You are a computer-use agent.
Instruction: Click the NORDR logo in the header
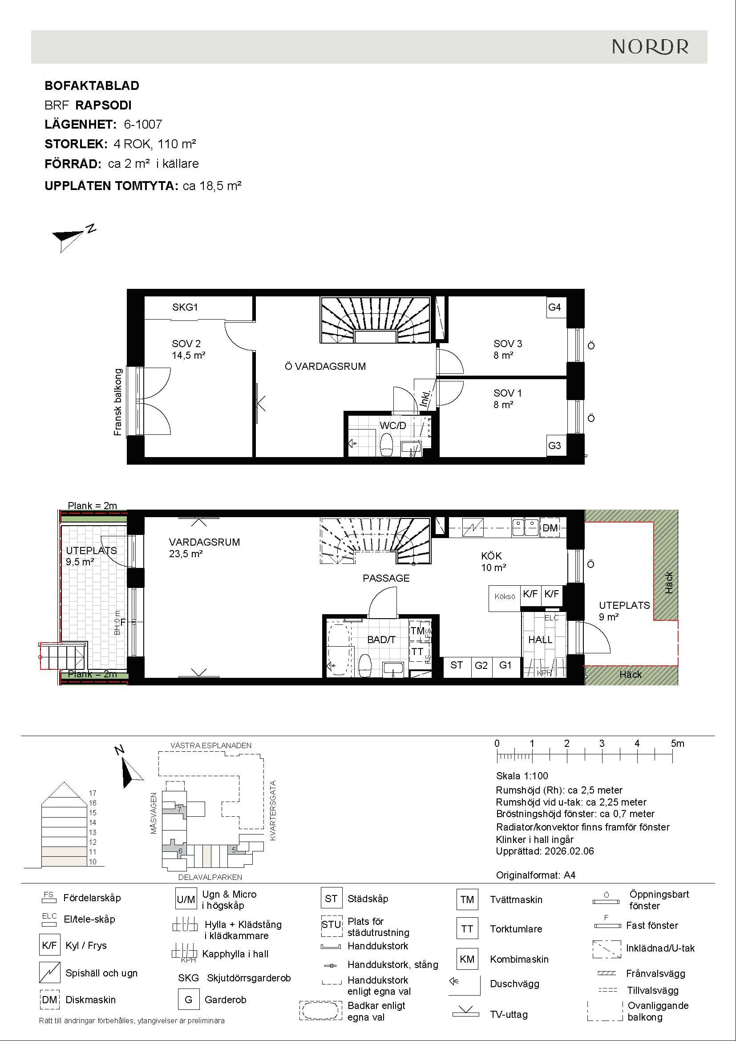pyautogui.click(x=650, y=47)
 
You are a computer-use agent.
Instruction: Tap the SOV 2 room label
pyautogui.click(x=186, y=344)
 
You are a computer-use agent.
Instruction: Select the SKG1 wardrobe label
pyautogui.click(x=185, y=307)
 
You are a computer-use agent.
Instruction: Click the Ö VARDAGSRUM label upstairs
pyautogui.click(x=325, y=366)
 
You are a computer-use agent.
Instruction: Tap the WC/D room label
pyautogui.click(x=393, y=425)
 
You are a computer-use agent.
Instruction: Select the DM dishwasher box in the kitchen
pyautogui.click(x=550, y=528)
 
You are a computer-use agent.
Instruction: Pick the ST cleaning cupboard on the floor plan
pyautogui.click(x=457, y=665)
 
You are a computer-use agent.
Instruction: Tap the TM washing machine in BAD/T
pyautogui.click(x=417, y=631)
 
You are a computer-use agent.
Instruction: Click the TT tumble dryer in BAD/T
pyautogui.click(x=417, y=652)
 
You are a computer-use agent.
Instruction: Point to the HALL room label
pyautogui.click(x=540, y=639)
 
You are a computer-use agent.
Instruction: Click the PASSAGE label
pyautogui.click(x=386, y=578)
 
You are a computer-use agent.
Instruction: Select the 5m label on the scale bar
pyautogui.click(x=678, y=743)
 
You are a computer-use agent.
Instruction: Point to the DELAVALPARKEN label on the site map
pyautogui.click(x=210, y=877)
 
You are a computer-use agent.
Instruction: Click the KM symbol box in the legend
pyautogui.click(x=467, y=959)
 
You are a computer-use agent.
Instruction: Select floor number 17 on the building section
pyautogui.click(x=93, y=793)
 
